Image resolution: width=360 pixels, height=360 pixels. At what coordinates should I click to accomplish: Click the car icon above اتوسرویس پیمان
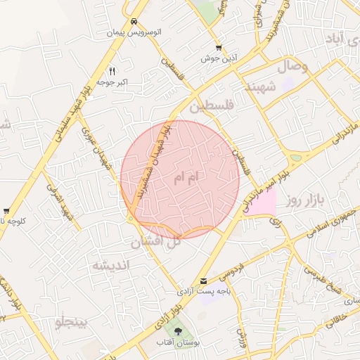(x=133, y=21)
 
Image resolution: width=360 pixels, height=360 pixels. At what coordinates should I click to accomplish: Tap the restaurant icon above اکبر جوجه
(x=112, y=71)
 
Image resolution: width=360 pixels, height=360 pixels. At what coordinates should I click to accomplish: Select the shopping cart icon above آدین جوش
(x=219, y=47)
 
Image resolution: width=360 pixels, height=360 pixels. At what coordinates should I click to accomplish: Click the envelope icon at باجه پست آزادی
(x=204, y=281)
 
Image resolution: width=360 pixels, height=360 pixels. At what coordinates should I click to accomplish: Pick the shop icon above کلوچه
(x=6, y=210)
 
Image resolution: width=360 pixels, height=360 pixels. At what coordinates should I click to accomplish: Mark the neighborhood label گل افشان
(x=156, y=242)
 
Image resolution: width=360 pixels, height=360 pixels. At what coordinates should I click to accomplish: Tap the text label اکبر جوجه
(x=112, y=83)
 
